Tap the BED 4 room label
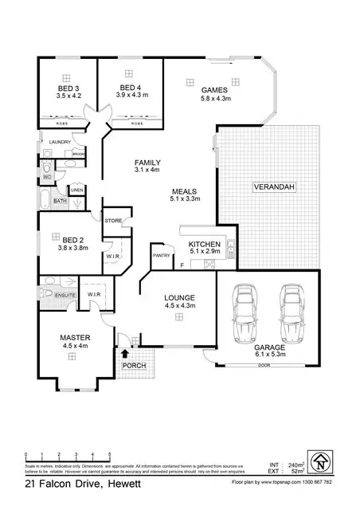[x=131, y=88]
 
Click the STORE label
[x=112, y=220]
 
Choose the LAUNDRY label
[x=61, y=142]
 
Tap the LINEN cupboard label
[x=77, y=190]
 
